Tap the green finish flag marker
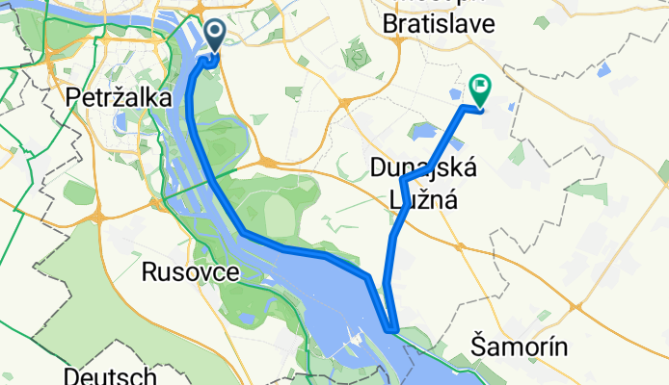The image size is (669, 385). click(x=479, y=90)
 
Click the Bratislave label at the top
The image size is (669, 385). click(x=438, y=21)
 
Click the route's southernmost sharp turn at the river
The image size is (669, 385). click(x=391, y=329)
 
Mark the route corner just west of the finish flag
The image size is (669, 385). click(x=466, y=107)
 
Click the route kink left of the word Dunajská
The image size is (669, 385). click(x=402, y=180)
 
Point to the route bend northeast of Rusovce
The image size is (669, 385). click(x=245, y=233)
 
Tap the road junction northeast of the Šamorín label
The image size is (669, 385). click(x=577, y=307)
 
